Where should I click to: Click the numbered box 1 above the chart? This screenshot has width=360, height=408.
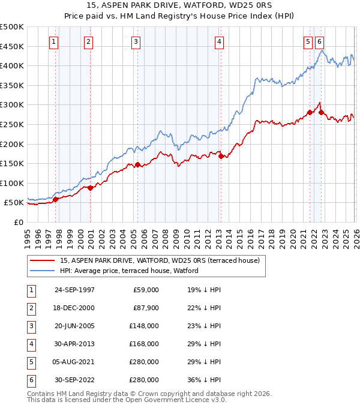[54, 42]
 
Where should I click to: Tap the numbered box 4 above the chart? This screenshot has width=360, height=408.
[220, 42]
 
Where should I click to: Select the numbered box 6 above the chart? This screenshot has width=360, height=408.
[319, 42]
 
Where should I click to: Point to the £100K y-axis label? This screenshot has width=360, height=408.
[12, 183]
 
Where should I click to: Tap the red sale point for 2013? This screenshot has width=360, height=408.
[221, 157]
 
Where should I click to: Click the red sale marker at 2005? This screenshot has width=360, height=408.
[137, 164]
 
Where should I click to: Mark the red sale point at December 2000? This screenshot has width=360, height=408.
[90, 188]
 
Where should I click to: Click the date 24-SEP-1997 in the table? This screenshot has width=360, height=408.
[74, 290]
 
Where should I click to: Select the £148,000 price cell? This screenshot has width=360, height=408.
[145, 326]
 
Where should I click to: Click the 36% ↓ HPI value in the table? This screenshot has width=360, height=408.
[204, 380]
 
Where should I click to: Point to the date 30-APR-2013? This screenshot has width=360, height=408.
[74, 344]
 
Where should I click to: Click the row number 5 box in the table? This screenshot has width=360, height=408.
[30, 362]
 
